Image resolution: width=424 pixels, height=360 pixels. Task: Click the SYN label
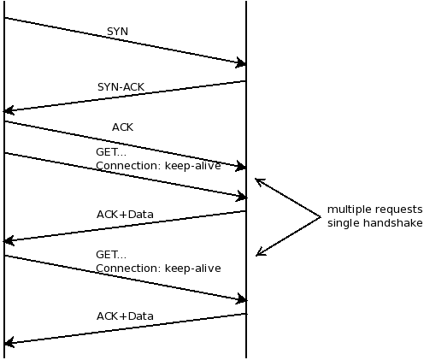118,32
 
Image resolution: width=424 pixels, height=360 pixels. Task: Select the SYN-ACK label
121,87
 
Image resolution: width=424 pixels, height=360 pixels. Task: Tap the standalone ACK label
122,127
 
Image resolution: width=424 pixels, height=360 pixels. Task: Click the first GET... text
110,152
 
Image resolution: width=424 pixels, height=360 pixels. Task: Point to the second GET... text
110,255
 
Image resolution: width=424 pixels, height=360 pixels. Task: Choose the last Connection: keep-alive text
157,269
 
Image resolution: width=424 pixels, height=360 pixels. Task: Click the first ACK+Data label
125,214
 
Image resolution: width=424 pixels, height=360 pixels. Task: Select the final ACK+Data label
125,316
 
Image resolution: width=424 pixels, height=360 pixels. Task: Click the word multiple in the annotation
349,210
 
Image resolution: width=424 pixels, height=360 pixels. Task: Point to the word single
344,223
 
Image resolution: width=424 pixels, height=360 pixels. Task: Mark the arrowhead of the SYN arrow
243,63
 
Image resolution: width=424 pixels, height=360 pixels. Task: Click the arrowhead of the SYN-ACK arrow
8,110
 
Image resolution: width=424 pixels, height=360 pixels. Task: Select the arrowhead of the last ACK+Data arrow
8,343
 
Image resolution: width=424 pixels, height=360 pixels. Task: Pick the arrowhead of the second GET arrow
243,299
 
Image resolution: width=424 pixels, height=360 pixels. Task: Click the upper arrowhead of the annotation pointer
258,180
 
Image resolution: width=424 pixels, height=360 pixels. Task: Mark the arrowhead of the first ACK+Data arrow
8,241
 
